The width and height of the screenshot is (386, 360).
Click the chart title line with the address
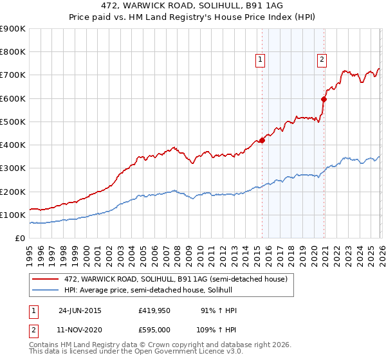193,5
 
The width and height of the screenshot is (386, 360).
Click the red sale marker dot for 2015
262,141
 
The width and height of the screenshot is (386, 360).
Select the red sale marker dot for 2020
324,100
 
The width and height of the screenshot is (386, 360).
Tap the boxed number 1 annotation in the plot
261,60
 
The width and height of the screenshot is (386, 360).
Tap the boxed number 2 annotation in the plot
322,60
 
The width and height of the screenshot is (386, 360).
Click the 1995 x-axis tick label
30,253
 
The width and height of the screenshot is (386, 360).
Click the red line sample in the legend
46,279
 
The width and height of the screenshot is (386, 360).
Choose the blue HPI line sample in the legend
46,291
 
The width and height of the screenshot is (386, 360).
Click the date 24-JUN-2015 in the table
80,310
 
